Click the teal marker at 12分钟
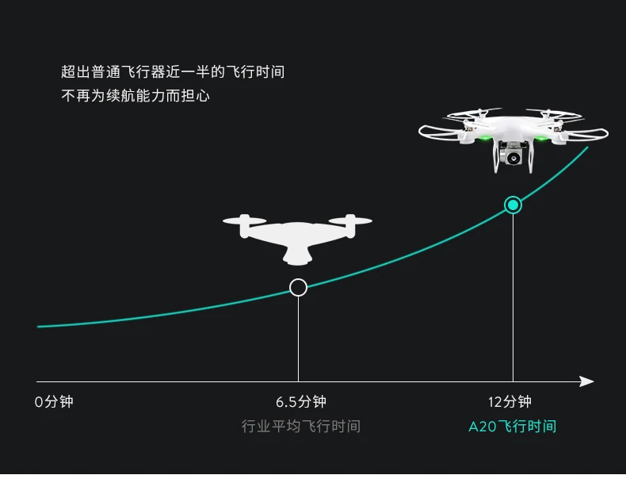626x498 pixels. tap(513, 205)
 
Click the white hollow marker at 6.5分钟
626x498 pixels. tap(298, 287)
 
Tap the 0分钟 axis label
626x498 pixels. tap(54, 401)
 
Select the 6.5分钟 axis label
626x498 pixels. tap(301, 401)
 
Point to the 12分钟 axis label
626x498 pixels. tap(510, 401)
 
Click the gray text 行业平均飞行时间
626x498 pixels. tap(301, 427)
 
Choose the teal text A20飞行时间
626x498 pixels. tap(512, 427)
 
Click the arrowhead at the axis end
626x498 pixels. tap(586, 381)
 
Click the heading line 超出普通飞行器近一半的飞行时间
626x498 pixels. tap(173, 72)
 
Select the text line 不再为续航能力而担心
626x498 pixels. tap(136, 96)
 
